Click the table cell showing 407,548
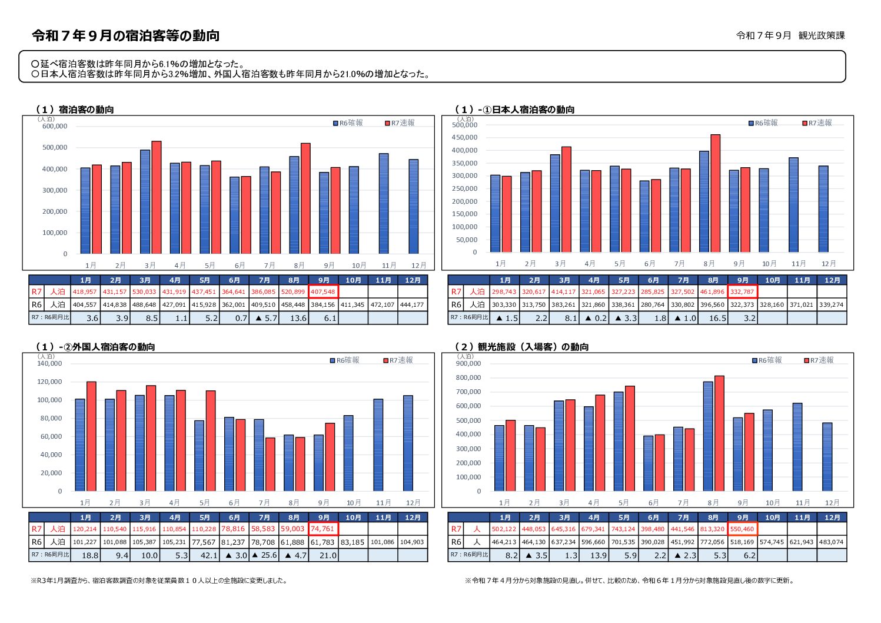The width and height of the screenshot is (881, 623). pos(323,291)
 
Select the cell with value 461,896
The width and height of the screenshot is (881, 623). pos(712,291)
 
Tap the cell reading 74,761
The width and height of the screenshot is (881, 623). pos(323,529)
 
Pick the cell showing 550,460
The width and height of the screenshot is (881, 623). pos(742,529)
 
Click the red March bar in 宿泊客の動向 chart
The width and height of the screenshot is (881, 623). pos(157,197)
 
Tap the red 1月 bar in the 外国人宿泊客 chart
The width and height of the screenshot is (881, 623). pos(91,436)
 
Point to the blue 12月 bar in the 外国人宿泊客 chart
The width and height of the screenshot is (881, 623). pos(408,443)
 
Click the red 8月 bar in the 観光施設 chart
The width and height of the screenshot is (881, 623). pos(719,433)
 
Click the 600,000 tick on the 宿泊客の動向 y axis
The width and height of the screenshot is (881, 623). pos(55,126)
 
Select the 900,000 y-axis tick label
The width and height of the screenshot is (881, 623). pos(468,363)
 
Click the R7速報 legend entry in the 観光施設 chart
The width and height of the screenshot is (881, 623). pos(819,360)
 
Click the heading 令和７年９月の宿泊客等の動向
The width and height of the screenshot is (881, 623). pos(126,36)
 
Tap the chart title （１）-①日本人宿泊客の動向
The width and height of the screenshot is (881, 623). pos(515,110)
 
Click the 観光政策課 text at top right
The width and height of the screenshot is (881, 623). pos(822,35)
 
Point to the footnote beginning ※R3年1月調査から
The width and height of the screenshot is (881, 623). pos(159,581)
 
